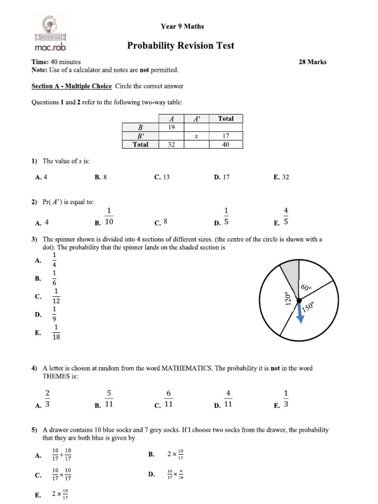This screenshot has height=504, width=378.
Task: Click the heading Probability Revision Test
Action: point(181,46)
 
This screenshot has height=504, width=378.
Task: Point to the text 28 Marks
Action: point(313,62)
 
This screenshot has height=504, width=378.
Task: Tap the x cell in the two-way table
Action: point(196,136)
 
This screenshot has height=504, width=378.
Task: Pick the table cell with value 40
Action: point(226,145)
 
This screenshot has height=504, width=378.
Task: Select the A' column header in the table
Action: point(196,119)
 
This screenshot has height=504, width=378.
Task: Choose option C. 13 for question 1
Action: point(162,177)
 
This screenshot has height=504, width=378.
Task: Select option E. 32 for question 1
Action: point(282,177)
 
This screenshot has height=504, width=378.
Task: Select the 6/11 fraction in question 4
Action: point(168,399)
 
